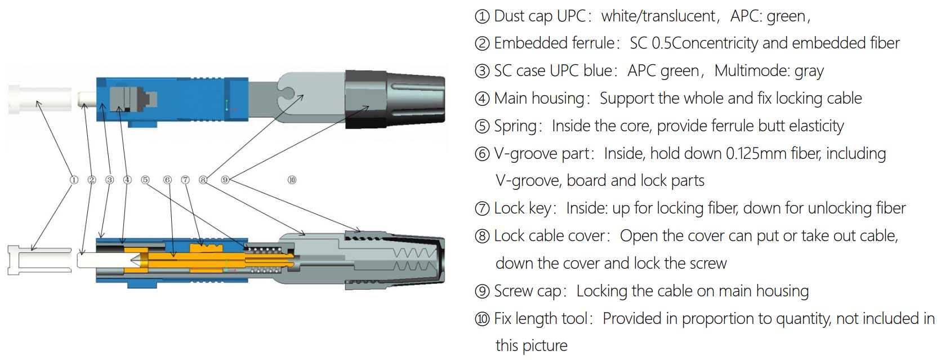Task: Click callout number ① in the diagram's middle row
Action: [74, 180]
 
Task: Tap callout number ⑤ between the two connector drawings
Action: [145, 180]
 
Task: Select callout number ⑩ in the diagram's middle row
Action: [292, 180]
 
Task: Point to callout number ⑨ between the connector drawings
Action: [226, 180]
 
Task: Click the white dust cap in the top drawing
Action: [40, 100]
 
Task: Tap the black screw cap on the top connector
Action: [395, 100]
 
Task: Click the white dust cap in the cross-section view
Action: [40, 260]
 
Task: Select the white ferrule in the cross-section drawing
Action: [107, 260]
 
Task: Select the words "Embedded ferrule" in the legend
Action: [554, 43]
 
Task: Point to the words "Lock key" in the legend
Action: [523, 208]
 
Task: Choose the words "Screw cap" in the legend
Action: [528, 291]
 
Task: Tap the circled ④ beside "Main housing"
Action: [482, 99]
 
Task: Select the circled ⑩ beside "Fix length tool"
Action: [482, 319]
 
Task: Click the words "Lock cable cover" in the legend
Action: [550, 236]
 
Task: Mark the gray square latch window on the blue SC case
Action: [133, 100]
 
